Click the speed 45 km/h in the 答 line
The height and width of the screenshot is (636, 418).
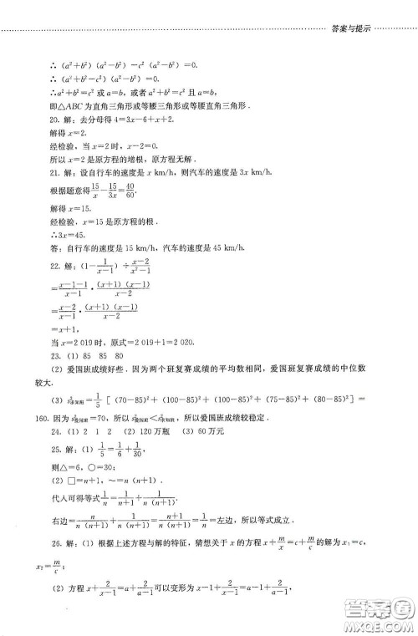click(222, 247)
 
